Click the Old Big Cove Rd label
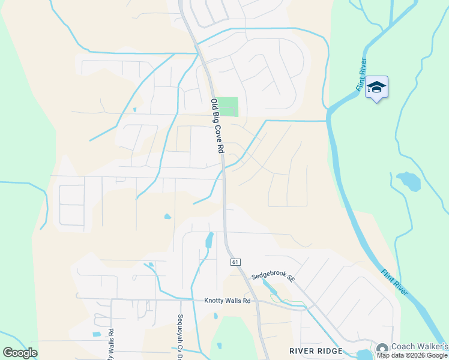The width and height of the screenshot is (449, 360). (217, 125)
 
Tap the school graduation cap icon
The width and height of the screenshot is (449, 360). (376, 88)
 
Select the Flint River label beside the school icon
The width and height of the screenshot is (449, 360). (361, 74)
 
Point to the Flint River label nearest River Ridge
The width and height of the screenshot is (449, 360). (395, 281)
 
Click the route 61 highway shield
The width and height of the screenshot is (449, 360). (234, 262)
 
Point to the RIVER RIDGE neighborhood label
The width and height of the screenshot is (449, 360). (316, 351)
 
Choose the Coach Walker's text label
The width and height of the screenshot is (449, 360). (420, 346)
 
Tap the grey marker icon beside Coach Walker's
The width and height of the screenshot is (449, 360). (382, 348)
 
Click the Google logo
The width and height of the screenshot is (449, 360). (20, 353)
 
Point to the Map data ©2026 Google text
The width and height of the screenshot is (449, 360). (412, 355)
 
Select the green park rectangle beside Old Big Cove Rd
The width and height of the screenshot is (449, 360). (228, 107)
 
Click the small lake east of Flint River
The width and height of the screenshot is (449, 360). (408, 180)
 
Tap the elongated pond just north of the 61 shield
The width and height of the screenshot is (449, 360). (209, 240)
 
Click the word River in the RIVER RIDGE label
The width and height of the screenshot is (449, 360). (302, 351)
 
